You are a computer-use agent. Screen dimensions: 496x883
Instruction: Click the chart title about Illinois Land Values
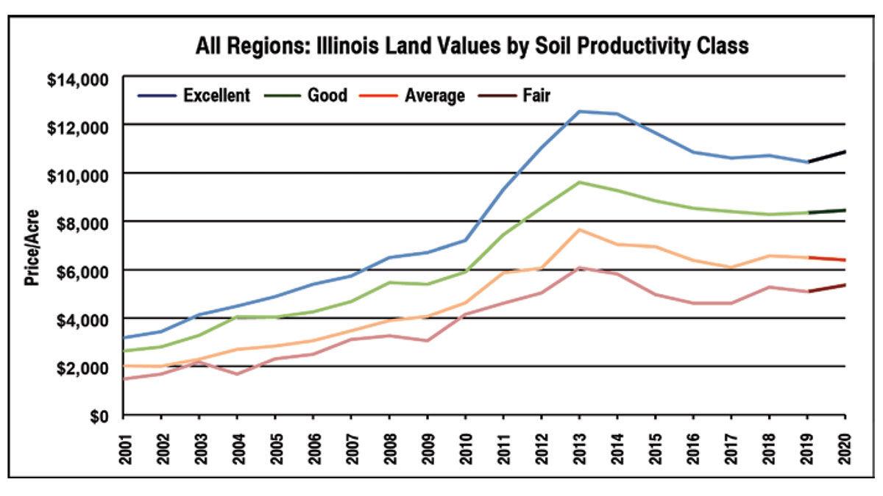click(472, 46)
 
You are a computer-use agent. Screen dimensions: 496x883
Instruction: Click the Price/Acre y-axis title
click(33, 246)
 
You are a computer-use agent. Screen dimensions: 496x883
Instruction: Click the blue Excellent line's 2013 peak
click(579, 112)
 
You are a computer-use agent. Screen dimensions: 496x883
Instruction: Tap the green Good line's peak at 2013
click(579, 182)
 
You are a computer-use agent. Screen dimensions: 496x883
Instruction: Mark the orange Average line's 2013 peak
click(579, 230)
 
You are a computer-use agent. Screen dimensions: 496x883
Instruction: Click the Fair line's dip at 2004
click(237, 374)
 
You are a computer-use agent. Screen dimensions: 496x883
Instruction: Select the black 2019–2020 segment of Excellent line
click(826, 157)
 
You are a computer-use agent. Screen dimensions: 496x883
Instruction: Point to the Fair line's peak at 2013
click(579, 268)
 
